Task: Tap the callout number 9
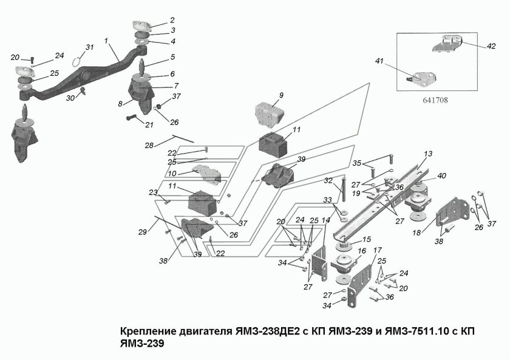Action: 281,95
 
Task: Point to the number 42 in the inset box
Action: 491,46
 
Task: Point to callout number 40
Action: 441,176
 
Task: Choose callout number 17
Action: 377,250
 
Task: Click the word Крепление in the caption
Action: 147,332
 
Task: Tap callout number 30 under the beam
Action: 71,98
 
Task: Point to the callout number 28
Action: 149,145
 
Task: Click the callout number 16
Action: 362,250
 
